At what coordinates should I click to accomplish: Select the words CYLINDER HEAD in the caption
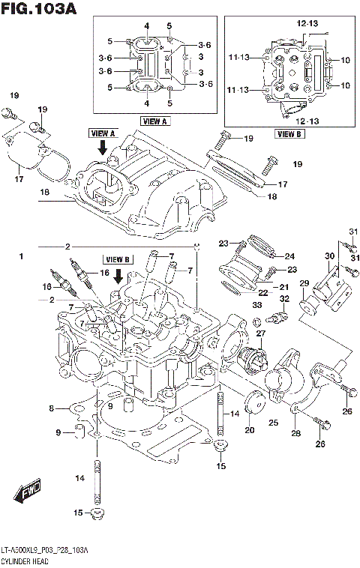tap(27, 561)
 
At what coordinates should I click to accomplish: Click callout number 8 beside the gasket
tap(52, 408)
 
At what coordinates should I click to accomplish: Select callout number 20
tap(249, 430)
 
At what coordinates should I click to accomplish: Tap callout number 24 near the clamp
tap(289, 256)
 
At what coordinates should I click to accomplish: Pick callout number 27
tap(261, 333)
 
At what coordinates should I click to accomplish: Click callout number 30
tap(329, 256)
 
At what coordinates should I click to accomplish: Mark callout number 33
tap(257, 306)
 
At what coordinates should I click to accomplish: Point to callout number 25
tap(274, 423)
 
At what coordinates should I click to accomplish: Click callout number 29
tap(304, 283)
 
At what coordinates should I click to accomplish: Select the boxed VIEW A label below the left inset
tap(155, 121)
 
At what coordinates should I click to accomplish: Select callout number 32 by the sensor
tap(285, 299)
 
